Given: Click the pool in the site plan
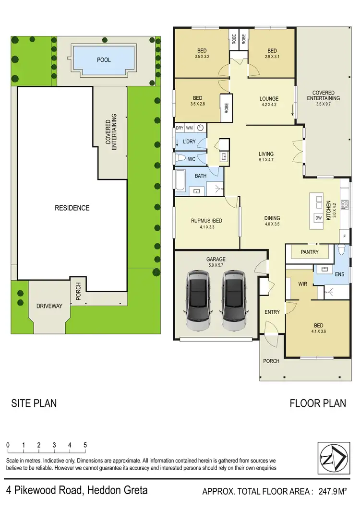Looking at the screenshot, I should click(103, 60).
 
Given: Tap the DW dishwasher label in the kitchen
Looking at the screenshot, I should click(318, 217).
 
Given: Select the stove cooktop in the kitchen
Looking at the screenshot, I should click(344, 204).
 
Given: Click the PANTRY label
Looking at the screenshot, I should click(307, 252).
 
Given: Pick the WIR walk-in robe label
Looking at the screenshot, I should click(302, 284).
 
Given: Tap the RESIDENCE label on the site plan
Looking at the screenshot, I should click(72, 208).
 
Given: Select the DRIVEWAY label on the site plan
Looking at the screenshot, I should click(49, 306).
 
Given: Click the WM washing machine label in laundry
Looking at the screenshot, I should click(189, 128).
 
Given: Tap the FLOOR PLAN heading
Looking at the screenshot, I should click(317, 403).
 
